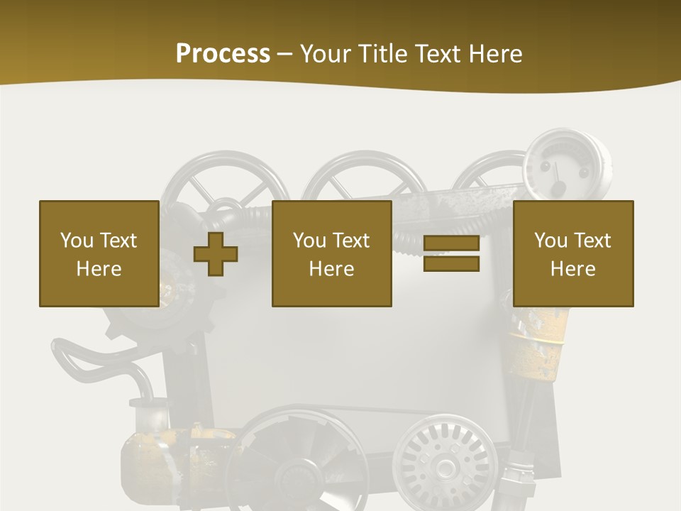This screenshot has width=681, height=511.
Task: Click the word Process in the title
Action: [223, 53]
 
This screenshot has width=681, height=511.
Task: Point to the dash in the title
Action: [284, 54]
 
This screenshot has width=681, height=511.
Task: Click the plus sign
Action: [216, 253]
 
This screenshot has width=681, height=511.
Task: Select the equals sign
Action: [451, 253]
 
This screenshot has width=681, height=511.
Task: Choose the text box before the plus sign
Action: [99, 253]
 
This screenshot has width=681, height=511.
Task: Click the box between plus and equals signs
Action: [331, 253]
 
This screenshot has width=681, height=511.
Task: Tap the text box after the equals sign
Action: [572, 253]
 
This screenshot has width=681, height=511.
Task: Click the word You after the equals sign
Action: [550, 241]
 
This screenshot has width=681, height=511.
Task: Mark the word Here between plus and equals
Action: [331, 269]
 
